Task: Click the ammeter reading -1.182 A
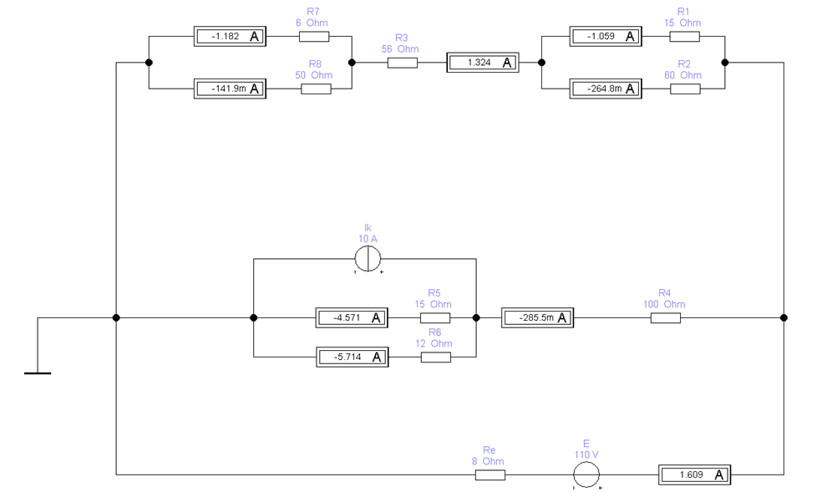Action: (x=229, y=37)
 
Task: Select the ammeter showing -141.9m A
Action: (x=229, y=89)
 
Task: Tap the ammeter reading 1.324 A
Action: (x=482, y=63)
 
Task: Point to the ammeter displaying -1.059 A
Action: (x=606, y=37)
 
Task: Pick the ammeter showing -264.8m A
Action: (x=606, y=89)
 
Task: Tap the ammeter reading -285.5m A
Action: (x=537, y=318)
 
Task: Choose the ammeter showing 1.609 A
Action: (x=694, y=475)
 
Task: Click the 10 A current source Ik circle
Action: (x=368, y=261)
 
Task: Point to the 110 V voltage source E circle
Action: (x=586, y=475)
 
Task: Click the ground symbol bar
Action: (x=37, y=373)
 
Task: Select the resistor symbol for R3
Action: (x=402, y=63)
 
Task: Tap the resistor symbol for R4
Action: (x=665, y=318)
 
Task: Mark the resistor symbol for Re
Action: (x=490, y=475)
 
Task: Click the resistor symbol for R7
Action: (x=314, y=37)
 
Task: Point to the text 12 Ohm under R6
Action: (x=434, y=343)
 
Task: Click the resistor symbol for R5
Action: (x=435, y=318)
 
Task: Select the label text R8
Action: (x=314, y=63)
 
